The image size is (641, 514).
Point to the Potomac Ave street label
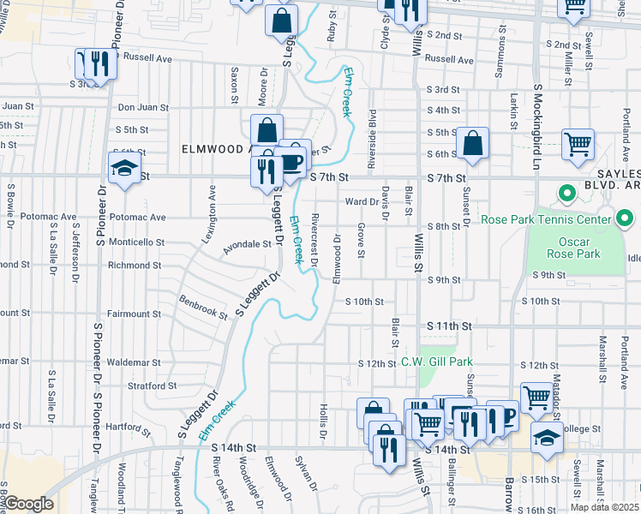50,218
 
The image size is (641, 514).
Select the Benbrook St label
203,307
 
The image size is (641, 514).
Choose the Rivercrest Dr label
315,240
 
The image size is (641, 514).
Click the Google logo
28,504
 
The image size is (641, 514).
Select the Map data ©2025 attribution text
604,507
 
